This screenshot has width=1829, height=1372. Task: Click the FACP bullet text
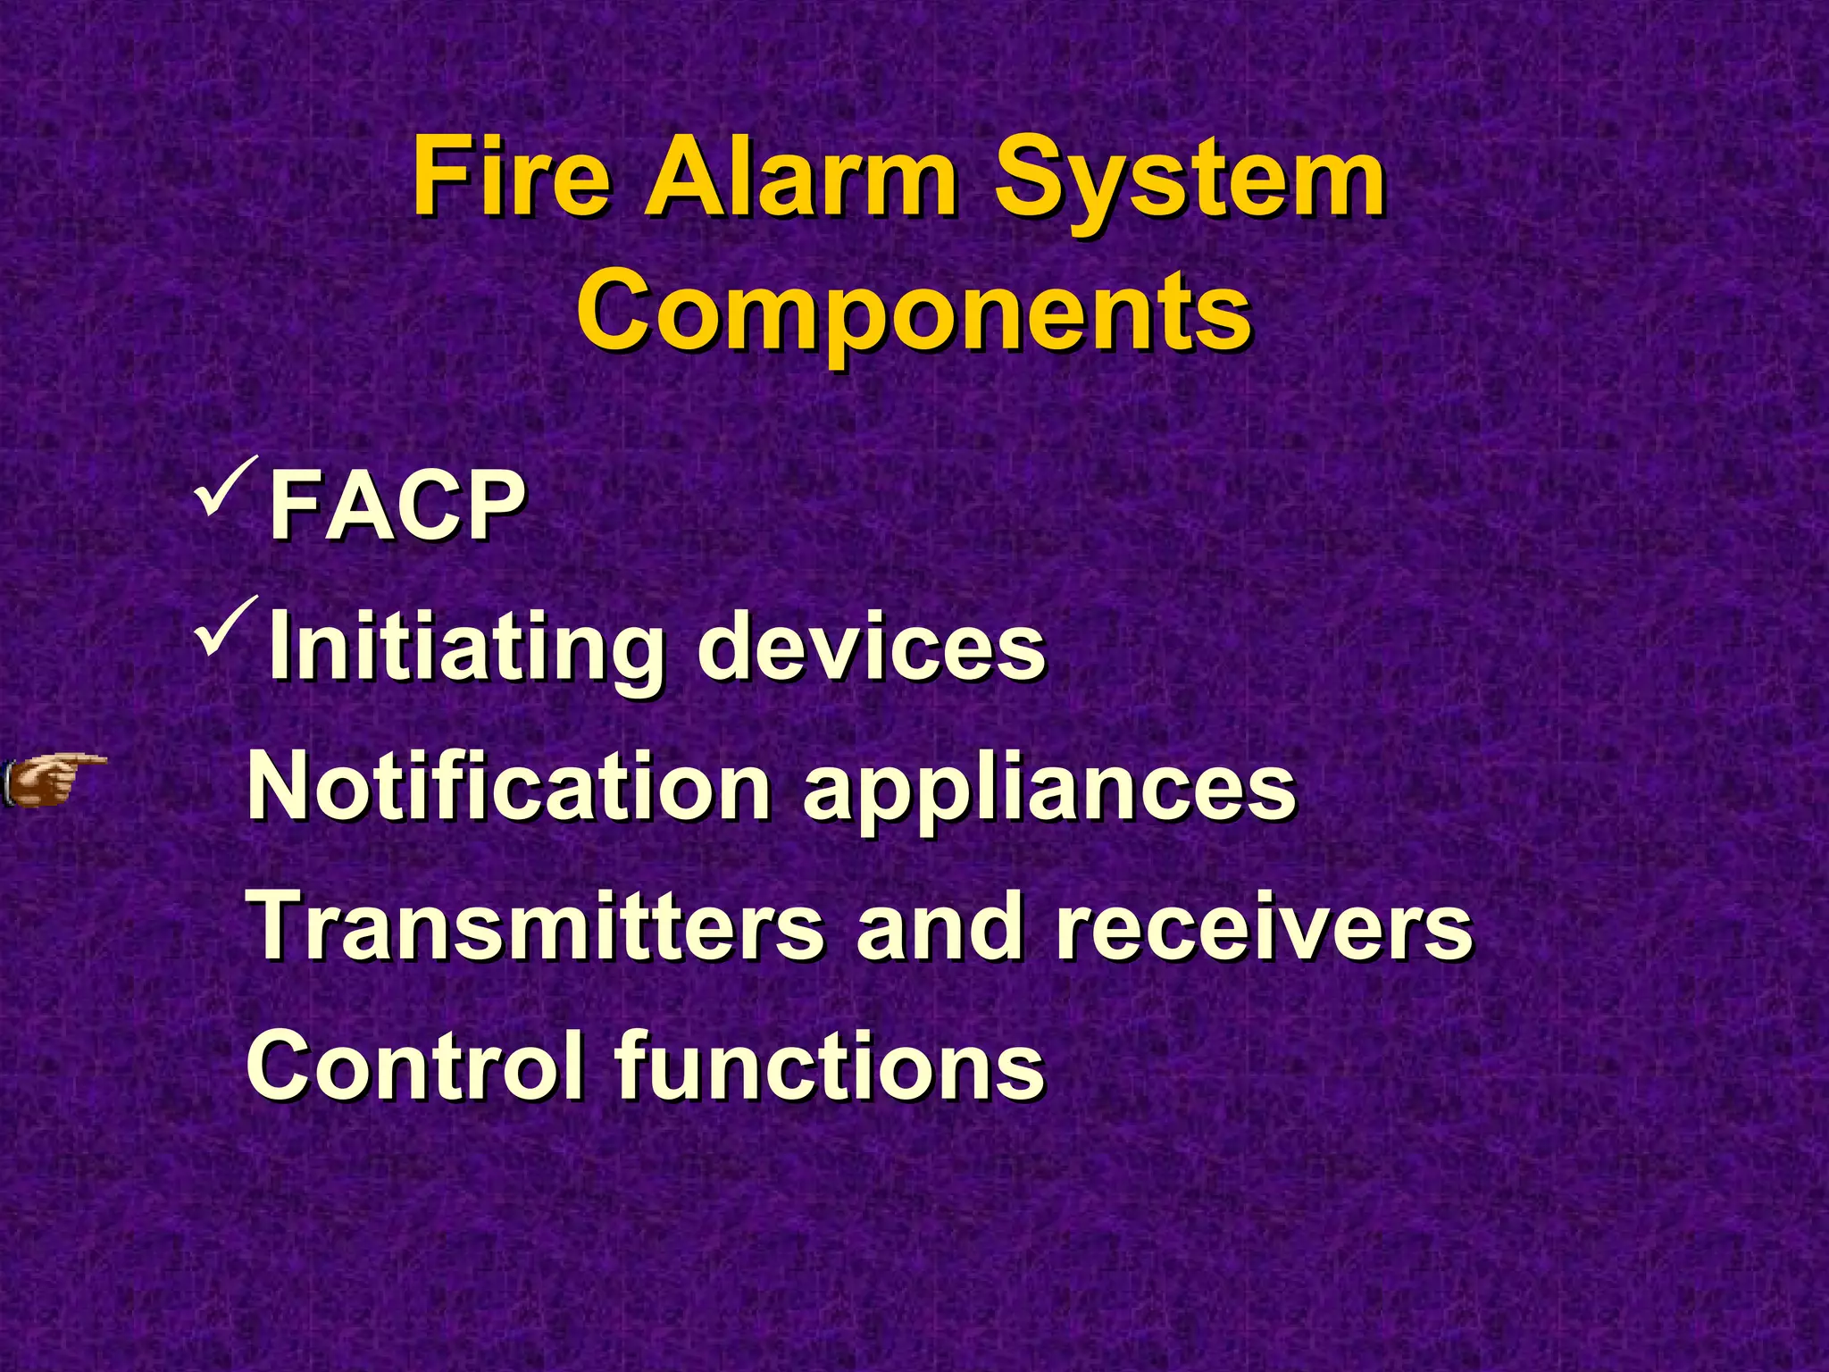coord(397,506)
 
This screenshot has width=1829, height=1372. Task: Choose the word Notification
coord(508,786)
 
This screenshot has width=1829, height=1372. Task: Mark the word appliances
coord(1048,791)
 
